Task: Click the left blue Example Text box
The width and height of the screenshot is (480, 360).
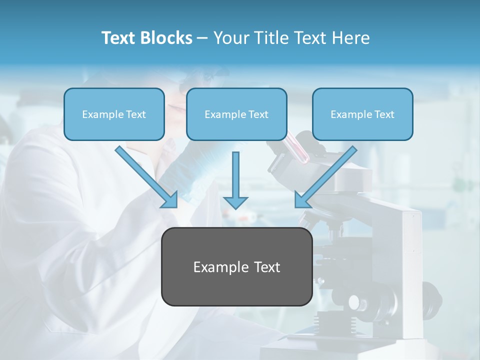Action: click(114, 114)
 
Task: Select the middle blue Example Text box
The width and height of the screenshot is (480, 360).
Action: click(236, 114)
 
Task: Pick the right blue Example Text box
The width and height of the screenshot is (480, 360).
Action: click(362, 114)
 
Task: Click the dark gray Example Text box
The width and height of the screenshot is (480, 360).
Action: click(236, 267)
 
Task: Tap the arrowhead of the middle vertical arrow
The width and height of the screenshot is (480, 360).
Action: click(235, 202)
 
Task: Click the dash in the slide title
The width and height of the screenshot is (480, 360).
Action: click(203, 38)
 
